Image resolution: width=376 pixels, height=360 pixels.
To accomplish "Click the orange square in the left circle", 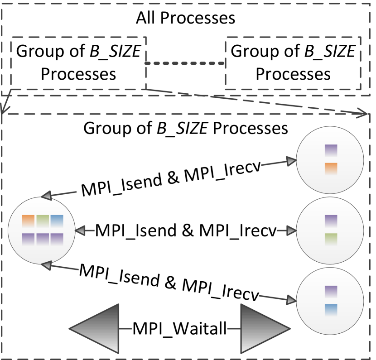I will pyautogui.click(x=28, y=221).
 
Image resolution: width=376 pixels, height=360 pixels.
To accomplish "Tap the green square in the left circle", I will pyautogui.click(x=42, y=221).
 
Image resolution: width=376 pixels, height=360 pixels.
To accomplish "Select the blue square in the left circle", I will pyautogui.click(x=57, y=221).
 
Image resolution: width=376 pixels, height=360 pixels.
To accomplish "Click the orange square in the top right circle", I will pyautogui.click(x=331, y=168).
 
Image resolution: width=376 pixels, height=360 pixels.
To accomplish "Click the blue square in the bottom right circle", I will pyautogui.click(x=331, y=309).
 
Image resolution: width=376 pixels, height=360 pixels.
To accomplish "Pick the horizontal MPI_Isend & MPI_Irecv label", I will pyautogui.click(x=186, y=230).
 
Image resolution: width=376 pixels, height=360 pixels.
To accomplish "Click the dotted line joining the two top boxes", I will pyautogui.click(x=185, y=63).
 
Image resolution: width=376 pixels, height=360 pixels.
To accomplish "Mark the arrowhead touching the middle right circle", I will pyautogui.click(x=290, y=231).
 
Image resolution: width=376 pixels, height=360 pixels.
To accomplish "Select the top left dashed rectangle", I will pyautogui.click(x=78, y=63).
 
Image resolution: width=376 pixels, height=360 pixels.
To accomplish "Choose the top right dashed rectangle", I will pyautogui.click(x=293, y=63).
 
